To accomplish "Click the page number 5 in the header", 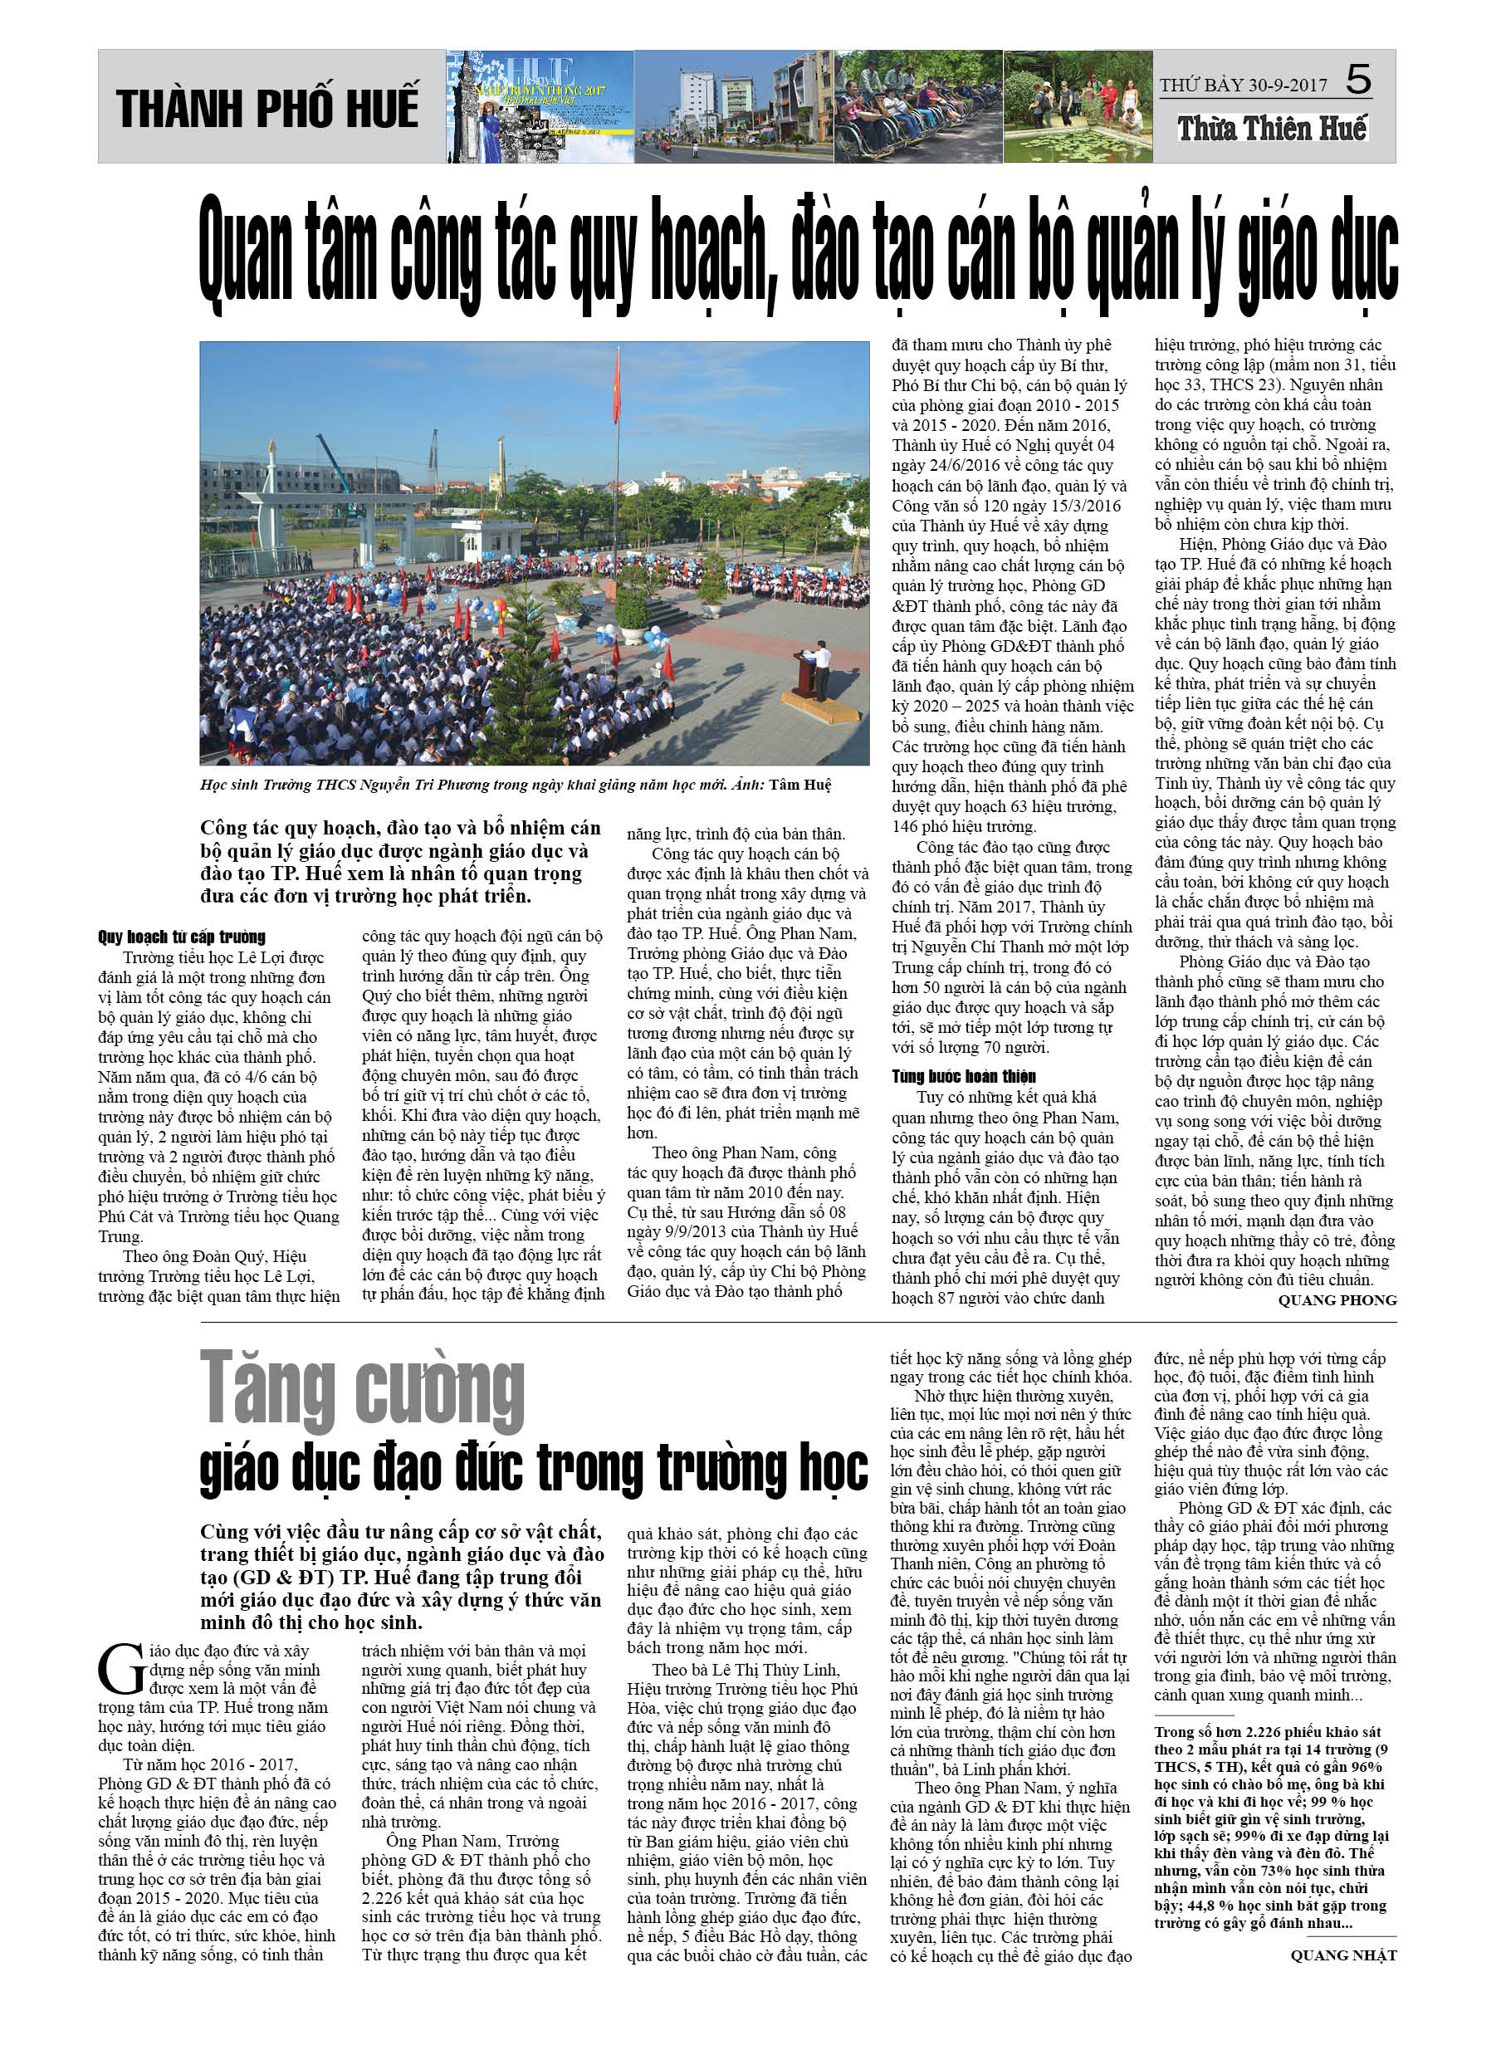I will click(x=1358, y=80).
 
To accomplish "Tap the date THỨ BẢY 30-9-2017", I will click(x=1243, y=86).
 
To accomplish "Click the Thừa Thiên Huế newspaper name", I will click(x=1272, y=128).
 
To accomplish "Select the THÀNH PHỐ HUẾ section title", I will click(x=267, y=108).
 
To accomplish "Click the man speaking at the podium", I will click(x=821, y=668).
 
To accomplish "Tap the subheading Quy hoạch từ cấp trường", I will click(x=182, y=937).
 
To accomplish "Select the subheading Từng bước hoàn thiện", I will click(x=963, y=1076).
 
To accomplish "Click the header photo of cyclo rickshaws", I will click(x=917, y=107).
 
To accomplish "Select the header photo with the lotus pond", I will click(x=1078, y=107).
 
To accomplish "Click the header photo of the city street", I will click(x=733, y=107).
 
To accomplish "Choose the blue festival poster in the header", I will click(x=540, y=107).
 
